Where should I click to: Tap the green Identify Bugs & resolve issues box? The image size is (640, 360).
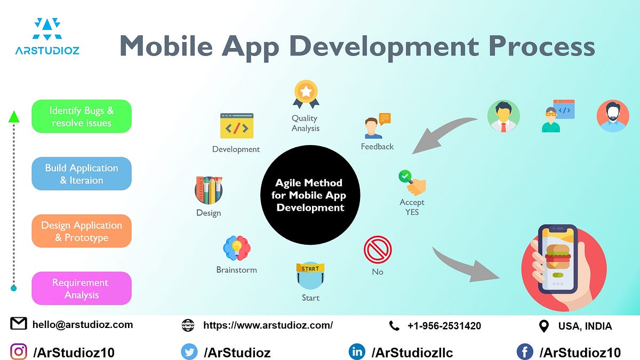pyautogui.click(x=82, y=116)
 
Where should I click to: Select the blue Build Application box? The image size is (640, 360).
pyautogui.click(x=82, y=174)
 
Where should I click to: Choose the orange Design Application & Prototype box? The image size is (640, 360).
pyautogui.click(x=82, y=231)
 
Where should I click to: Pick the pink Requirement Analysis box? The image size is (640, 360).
pyautogui.click(x=82, y=289)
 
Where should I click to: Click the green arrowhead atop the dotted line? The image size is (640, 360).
pyautogui.click(x=14, y=117)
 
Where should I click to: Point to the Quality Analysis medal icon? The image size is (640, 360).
pyautogui.click(x=306, y=94)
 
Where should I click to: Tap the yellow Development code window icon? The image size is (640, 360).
pyautogui.click(x=236, y=126)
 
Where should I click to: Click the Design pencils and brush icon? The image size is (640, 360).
pyautogui.click(x=209, y=190)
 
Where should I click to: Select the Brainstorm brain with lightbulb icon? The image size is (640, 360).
pyautogui.click(x=236, y=249)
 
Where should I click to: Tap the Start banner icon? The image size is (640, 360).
pyautogui.click(x=310, y=275)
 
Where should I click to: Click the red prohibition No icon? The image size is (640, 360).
pyautogui.click(x=378, y=250)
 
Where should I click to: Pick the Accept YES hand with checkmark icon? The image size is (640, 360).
pyautogui.click(x=412, y=182)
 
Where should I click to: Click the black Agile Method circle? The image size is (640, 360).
pyautogui.click(x=310, y=195)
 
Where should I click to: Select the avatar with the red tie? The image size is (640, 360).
pyautogui.click(x=503, y=116)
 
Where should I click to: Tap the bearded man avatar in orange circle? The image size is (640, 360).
pyautogui.click(x=613, y=116)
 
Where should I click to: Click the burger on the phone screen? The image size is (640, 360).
pyautogui.click(x=557, y=256)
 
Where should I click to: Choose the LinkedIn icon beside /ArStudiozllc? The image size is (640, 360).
pyautogui.click(x=356, y=351)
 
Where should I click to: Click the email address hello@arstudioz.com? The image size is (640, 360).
pyautogui.click(x=83, y=324)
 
